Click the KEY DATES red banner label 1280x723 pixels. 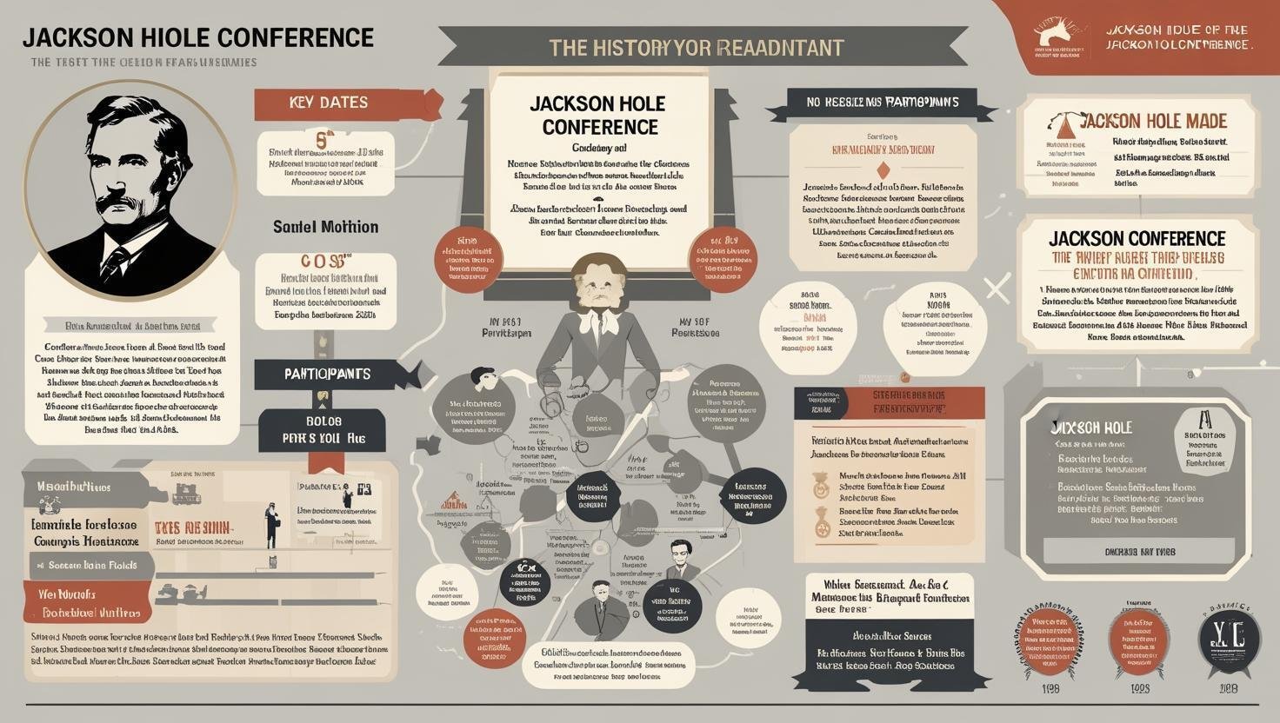coord(328,103)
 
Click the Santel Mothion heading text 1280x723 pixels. coord(325,227)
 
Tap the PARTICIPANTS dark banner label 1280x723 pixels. coord(327,374)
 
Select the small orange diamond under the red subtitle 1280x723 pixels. coord(883,169)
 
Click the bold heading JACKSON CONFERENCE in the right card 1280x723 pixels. coord(1137,238)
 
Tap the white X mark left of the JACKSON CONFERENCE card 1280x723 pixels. coord(997,288)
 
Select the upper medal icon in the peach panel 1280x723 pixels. coord(820,485)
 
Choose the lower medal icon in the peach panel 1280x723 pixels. coord(820,521)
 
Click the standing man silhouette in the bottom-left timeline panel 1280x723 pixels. coord(271,524)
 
